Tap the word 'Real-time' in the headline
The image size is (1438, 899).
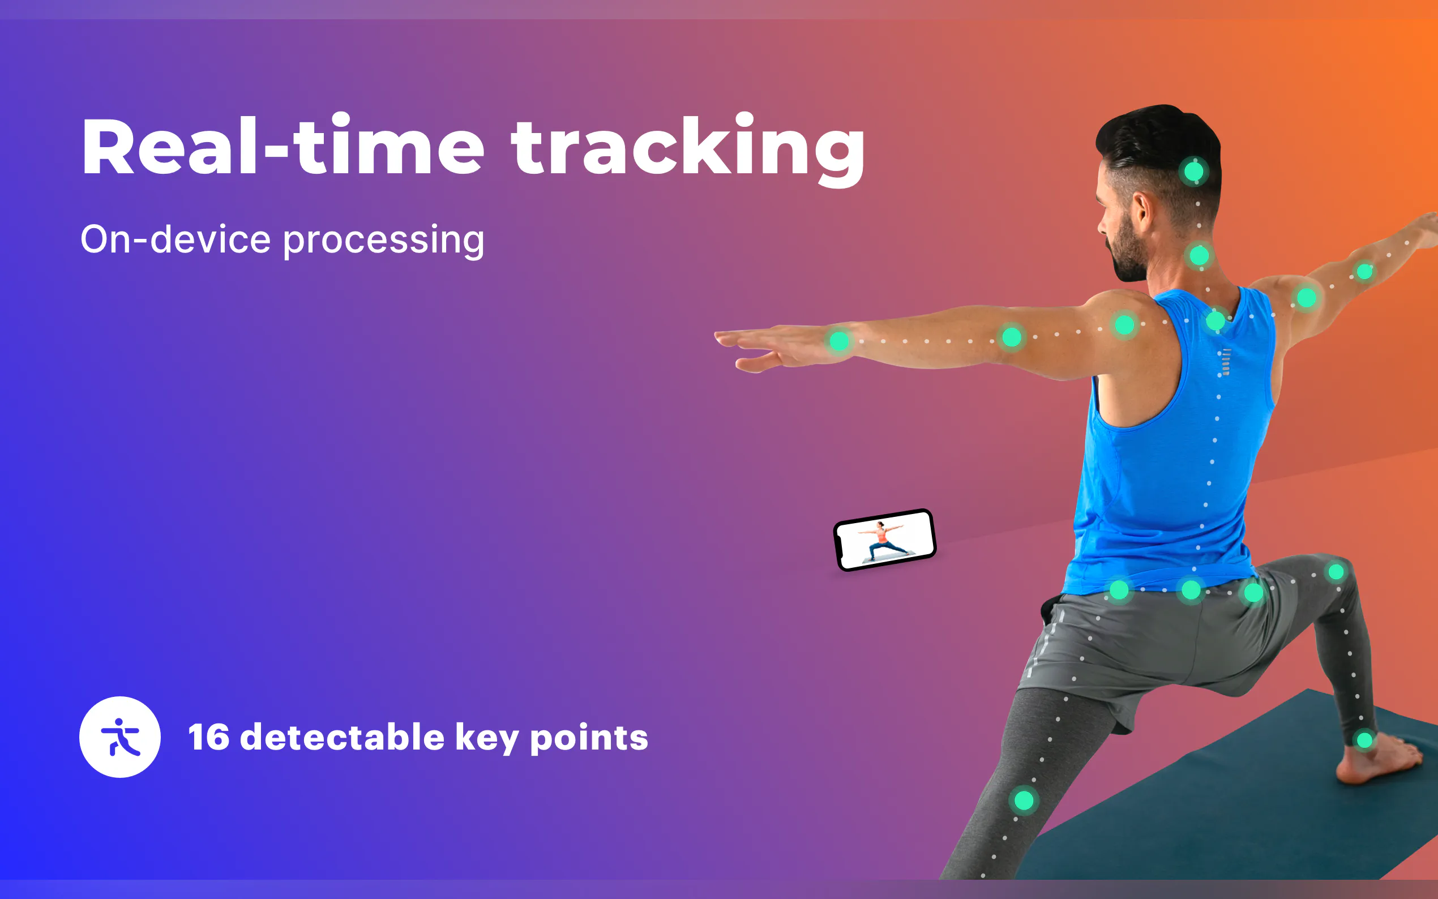coord(284,145)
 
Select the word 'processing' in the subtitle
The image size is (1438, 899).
coord(383,241)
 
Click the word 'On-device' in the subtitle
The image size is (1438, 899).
coord(176,239)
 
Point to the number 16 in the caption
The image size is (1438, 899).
coord(209,737)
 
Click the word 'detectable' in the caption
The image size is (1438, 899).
coord(343,737)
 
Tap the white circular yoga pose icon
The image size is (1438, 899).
coord(120,737)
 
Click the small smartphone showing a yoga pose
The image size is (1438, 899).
coord(884,540)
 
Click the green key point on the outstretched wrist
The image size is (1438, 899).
coord(839,341)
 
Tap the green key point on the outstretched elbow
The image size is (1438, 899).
coord(1012,338)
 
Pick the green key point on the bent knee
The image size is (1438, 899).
coord(1024,800)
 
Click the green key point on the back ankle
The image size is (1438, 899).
coord(1364,740)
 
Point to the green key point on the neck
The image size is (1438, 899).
coord(1199,256)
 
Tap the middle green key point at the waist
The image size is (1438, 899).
coord(1191,590)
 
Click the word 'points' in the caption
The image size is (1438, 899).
coord(589,738)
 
